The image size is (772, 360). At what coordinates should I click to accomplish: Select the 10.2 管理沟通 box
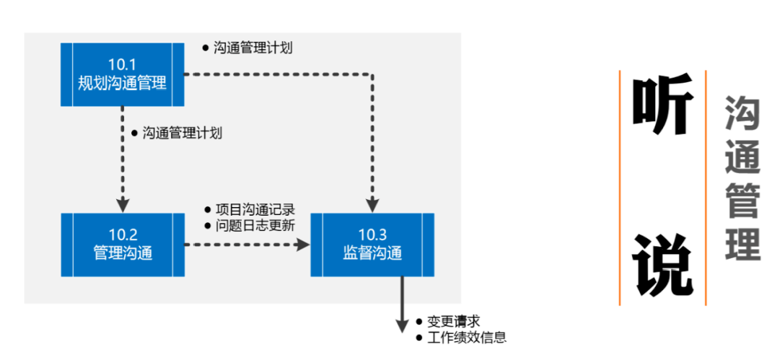pos(122,245)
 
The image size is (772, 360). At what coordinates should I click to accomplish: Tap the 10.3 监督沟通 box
pos(372,245)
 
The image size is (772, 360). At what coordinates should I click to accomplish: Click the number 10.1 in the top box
pos(122,63)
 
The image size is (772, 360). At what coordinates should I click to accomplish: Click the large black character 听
pos(662,108)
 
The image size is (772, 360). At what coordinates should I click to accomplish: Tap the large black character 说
pos(662,265)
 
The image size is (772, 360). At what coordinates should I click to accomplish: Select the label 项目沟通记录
pos(255,211)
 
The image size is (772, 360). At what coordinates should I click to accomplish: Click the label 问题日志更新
pos(255,225)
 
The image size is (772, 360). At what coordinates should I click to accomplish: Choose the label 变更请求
pos(453,322)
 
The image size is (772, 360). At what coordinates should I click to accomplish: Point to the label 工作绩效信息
pos(466,337)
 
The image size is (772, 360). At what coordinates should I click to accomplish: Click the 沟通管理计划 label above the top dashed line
pos(253,48)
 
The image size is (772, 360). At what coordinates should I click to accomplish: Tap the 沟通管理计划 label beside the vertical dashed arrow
pos(181,133)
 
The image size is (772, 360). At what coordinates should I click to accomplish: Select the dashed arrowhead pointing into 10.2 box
pos(123,203)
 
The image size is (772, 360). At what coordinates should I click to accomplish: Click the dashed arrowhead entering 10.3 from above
pos(372,203)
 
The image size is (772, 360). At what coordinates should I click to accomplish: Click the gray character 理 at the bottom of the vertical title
pos(742,243)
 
